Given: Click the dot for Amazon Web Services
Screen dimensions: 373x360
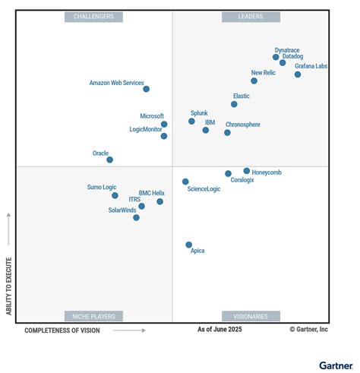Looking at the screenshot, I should pyautogui.click(x=146, y=89).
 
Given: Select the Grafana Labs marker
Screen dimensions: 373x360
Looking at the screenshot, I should pyautogui.click(x=298, y=74).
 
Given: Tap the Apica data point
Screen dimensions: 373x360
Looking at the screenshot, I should pyautogui.click(x=189, y=245).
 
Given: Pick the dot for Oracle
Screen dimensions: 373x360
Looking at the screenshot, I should pyautogui.click(x=109, y=160).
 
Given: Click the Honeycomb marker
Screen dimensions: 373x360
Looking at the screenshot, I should pyautogui.click(x=247, y=171).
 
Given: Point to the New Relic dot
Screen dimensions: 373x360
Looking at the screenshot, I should pyautogui.click(x=254, y=81).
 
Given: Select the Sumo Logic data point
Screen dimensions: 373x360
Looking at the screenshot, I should pyautogui.click(x=115, y=195).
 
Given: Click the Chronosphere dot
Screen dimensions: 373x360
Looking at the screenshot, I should pyautogui.click(x=227, y=132).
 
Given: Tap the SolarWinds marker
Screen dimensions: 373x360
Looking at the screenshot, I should pyautogui.click(x=136, y=217).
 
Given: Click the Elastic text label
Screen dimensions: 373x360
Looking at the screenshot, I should pyautogui.click(x=242, y=96).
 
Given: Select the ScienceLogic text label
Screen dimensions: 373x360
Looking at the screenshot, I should pyautogui.click(x=204, y=189).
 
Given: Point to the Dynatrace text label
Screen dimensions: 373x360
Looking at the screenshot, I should pyautogui.click(x=287, y=49).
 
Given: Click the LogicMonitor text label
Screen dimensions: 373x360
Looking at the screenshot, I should pyautogui.click(x=147, y=129).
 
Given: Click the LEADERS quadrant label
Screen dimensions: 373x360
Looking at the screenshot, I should pyautogui.click(x=251, y=16).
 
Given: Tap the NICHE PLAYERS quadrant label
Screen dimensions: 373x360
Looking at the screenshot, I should pyautogui.click(x=94, y=316).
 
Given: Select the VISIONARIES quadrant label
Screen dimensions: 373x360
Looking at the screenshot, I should pyautogui.click(x=251, y=316).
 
